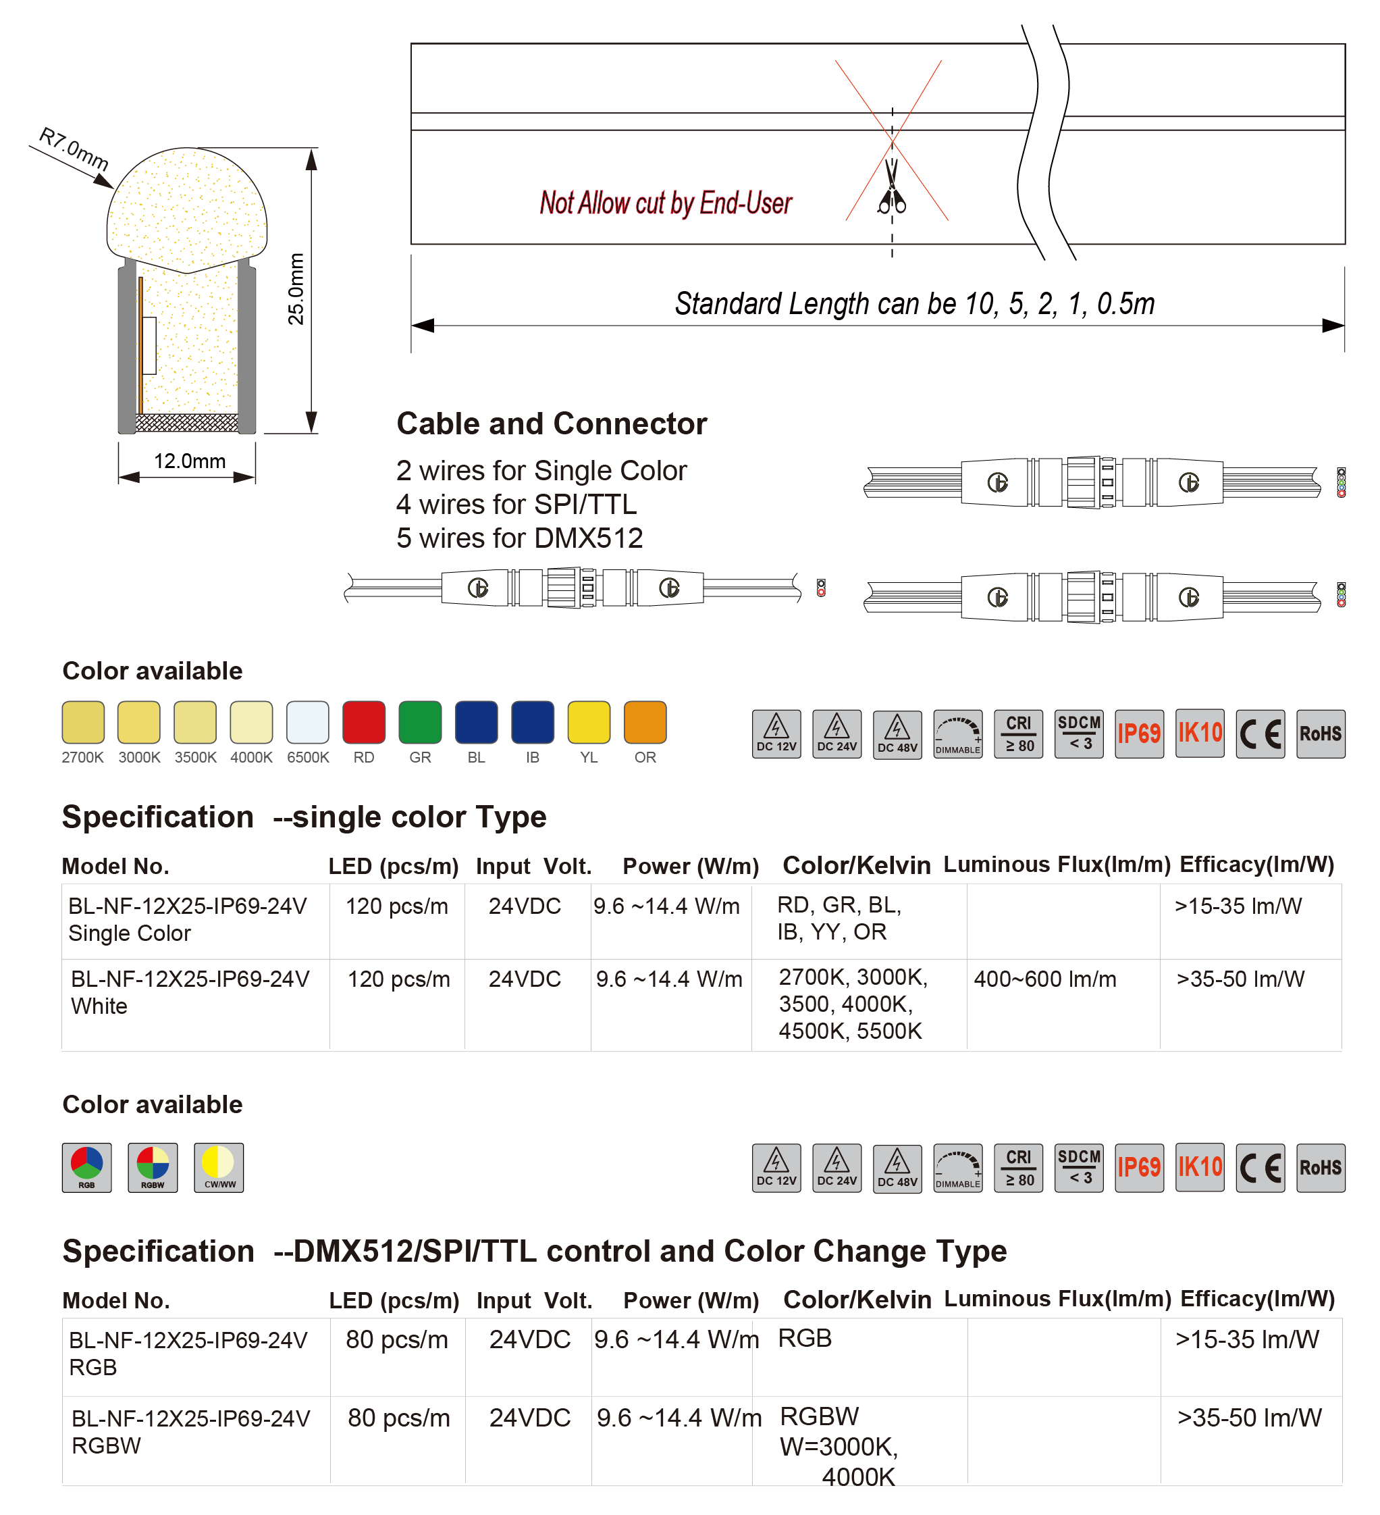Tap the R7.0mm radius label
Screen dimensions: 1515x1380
point(74,148)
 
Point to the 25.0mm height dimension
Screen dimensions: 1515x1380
point(297,288)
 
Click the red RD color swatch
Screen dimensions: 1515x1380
point(364,722)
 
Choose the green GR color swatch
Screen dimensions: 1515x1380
point(420,722)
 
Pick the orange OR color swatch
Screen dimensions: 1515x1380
point(645,722)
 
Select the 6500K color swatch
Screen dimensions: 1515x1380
point(308,722)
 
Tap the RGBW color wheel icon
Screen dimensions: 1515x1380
point(153,1167)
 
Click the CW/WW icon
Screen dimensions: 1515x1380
point(219,1167)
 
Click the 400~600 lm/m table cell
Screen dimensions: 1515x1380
point(1044,979)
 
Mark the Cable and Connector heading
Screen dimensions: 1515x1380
point(552,424)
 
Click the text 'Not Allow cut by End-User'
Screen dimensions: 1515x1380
point(666,203)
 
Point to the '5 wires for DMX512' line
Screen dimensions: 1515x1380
point(519,538)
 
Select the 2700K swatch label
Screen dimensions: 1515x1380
point(82,758)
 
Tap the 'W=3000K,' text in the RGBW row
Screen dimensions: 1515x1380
point(839,1447)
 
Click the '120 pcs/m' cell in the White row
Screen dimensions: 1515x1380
point(399,979)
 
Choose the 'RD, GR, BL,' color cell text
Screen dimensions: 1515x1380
point(839,905)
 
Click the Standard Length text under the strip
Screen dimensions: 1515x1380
point(914,303)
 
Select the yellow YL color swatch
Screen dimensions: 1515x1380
point(588,722)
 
